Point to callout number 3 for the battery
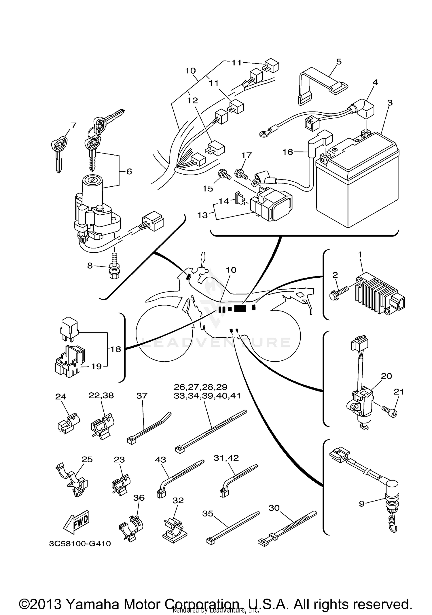[x=390, y=103]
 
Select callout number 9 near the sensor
[x=362, y=504]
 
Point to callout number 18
[x=115, y=349]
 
